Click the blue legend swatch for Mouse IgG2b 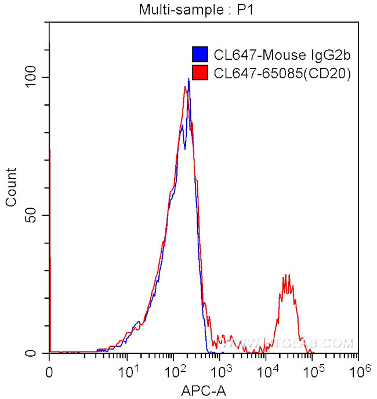(200, 55)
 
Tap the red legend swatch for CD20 (200, 73)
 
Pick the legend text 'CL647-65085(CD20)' (282, 73)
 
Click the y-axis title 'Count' (11, 187)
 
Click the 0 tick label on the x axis (49, 370)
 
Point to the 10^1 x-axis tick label (129, 369)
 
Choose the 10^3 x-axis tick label (220, 369)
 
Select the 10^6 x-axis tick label (357, 369)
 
